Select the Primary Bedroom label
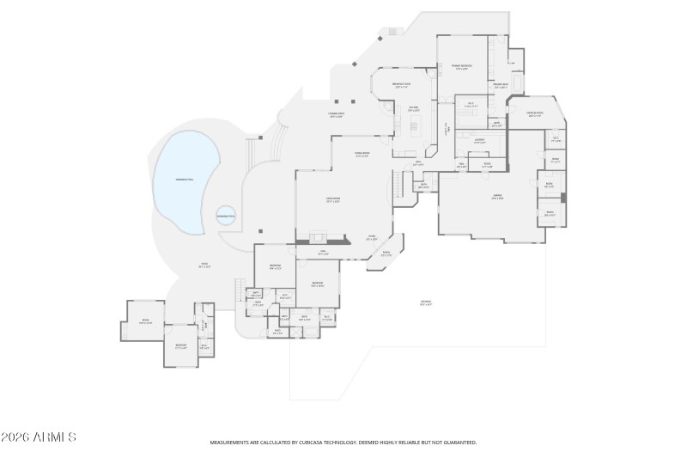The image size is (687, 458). click(462, 66)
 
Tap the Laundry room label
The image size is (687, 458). click(480, 140)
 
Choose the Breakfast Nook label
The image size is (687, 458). click(402, 85)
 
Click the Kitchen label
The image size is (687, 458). click(413, 109)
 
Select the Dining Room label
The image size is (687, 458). click(362, 156)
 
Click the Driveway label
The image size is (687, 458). click(426, 302)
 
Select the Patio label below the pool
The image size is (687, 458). click(204, 265)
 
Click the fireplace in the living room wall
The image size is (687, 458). click(319, 238)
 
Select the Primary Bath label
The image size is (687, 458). click(501, 85)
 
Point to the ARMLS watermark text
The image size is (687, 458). click(39, 437)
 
